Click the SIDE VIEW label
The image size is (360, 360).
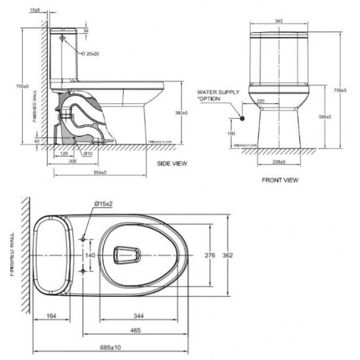[x=172, y=163]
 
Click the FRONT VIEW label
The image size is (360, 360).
[x=280, y=180]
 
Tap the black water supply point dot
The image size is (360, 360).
[x=242, y=117]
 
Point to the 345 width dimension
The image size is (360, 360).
[x=279, y=21]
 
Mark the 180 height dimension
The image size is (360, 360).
[x=231, y=133]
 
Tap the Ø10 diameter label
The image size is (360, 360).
[x=88, y=154]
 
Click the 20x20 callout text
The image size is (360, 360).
[x=92, y=54]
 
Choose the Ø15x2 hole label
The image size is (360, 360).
[x=103, y=204]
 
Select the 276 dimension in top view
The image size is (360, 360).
[x=211, y=255]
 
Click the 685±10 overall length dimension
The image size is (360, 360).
[x=111, y=347]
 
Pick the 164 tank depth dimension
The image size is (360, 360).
[x=52, y=316]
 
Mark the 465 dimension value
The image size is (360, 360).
[x=135, y=331]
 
